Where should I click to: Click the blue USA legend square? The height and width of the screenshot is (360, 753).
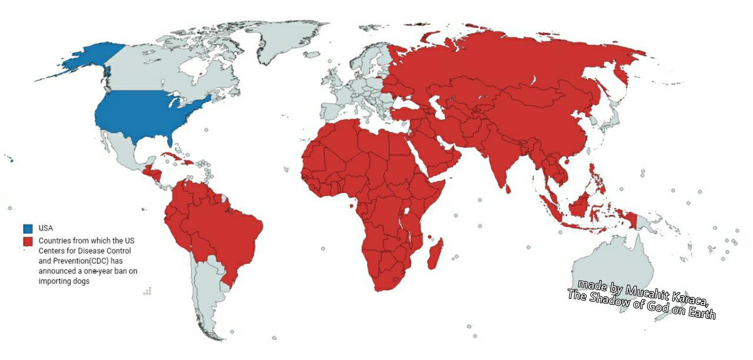pyautogui.click(x=28, y=228)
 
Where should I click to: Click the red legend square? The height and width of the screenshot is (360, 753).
pyautogui.click(x=28, y=241)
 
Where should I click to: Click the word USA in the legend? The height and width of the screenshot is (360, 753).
pyautogui.click(x=46, y=228)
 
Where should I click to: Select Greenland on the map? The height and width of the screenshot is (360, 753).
pyautogui.click(x=282, y=41)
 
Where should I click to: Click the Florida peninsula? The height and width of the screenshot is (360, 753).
pyautogui.click(x=171, y=139)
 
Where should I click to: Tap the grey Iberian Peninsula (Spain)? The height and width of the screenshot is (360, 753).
pyautogui.click(x=333, y=112)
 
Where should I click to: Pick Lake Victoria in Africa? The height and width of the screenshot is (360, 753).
pyautogui.click(x=406, y=212)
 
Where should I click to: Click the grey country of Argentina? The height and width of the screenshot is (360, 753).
pyautogui.click(x=206, y=294)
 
